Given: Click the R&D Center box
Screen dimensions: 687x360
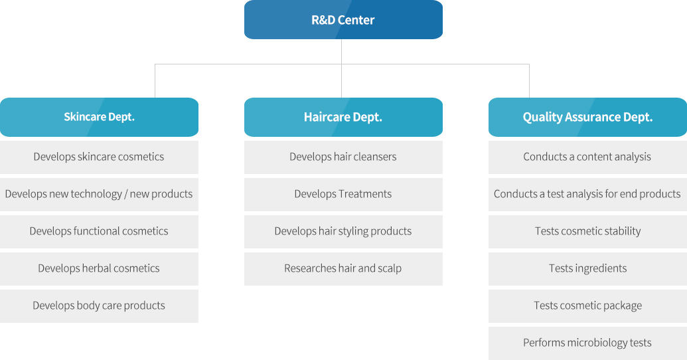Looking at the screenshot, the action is coord(343,20).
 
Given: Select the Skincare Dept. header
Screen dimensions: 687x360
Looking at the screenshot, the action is coord(99,117).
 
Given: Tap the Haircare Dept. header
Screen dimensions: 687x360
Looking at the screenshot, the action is coord(343,117).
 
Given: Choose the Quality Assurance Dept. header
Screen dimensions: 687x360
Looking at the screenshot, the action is coord(587,117).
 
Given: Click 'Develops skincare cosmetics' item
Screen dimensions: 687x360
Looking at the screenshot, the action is coord(99,157).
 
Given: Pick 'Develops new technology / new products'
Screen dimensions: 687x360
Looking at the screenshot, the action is coord(99,194).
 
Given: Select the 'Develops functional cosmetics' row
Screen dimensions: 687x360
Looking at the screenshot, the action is coord(99,232).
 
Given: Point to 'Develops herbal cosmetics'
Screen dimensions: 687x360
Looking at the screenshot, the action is coord(99,269).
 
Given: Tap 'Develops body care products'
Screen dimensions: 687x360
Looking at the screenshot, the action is coord(99,306).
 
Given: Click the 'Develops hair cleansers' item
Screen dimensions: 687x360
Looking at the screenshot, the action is coord(343,157).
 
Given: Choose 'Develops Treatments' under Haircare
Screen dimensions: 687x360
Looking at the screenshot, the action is coord(343,194).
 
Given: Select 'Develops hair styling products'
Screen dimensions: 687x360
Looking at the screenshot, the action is coord(343,232).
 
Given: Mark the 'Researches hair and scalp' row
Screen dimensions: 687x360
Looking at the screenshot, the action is coord(343,269).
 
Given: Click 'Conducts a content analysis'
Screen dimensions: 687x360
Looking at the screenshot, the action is coord(587,157).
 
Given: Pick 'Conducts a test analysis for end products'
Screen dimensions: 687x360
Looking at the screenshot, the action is coord(587,194).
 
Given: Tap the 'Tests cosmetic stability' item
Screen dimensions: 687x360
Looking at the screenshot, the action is coord(587,232).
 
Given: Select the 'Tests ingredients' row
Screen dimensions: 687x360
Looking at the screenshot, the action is coord(587,269).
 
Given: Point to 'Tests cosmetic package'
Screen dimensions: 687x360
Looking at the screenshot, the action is coord(587,306).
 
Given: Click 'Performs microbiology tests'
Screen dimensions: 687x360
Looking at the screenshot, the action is coord(587,343).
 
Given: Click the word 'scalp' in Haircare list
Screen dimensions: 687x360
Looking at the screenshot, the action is coord(390,269).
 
